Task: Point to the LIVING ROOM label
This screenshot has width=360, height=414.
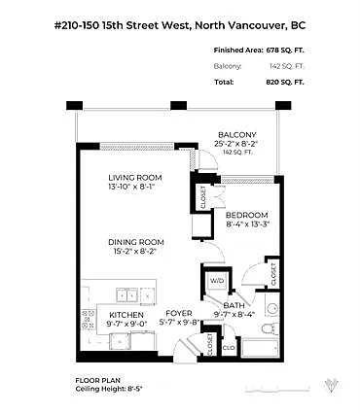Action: pos(134,177)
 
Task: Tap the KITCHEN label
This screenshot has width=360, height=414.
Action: pos(126,316)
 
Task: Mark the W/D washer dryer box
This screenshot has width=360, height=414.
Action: pos(217,282)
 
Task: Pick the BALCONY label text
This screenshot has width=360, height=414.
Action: pos(236,134)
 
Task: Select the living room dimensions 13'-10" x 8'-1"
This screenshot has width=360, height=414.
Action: pos(134,187)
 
